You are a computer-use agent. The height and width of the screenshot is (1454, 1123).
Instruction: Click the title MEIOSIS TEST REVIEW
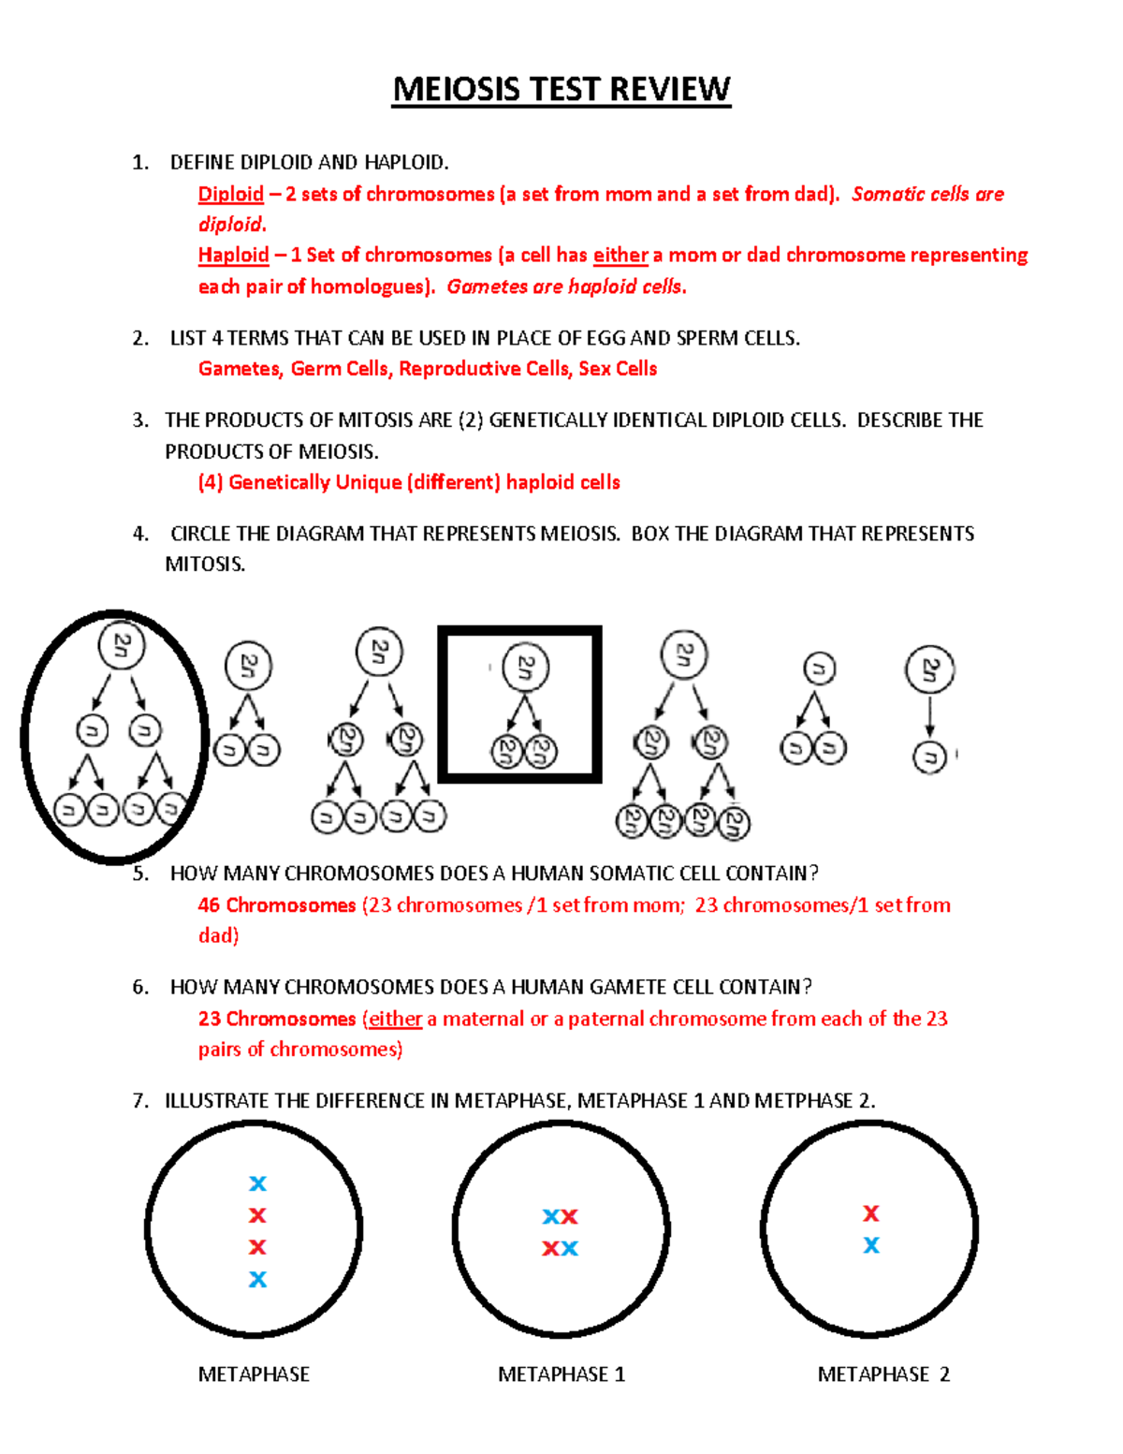(x=561, y=90)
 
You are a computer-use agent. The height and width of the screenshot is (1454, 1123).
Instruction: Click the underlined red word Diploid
(x=230, y=194)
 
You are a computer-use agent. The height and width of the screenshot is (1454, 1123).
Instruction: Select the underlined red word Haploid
(x=233, y=255)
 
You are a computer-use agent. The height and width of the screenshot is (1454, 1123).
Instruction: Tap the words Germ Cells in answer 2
(x=339, y=369)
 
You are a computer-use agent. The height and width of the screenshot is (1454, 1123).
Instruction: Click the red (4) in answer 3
(x=210, y=482)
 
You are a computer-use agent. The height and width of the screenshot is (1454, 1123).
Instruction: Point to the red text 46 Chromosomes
(x=276, y=905)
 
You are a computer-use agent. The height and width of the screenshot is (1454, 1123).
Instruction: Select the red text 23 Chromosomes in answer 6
(x=276, y=1019)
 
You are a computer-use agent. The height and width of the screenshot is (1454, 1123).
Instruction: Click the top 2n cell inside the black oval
(x=122, y=645)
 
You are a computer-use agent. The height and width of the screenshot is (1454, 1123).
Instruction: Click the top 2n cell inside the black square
(x=525, y=668)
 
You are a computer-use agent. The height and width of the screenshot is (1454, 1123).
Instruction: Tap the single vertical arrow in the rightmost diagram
(x=929, y=716)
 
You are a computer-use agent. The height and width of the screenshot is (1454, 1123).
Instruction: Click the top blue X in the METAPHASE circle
(x=257, y=1183)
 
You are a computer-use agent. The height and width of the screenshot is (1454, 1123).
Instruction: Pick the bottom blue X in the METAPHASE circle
(x=257, y=1279)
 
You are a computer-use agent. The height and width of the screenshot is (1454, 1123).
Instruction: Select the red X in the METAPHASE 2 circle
(x=871, y=1213)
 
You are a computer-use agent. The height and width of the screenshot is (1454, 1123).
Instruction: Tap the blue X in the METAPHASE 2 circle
(x=871, y=1245)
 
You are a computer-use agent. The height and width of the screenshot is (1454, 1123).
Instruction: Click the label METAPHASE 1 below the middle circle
(x=561, y=1374)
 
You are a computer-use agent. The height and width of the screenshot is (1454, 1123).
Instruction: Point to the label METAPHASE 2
(x=882, y=1374)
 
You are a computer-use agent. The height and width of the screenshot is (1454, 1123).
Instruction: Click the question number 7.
(x=140, y=1101)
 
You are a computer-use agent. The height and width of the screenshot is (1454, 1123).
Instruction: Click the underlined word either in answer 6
(x=395, y=1019)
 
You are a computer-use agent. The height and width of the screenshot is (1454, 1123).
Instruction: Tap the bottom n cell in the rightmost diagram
(x=929, y=756)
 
